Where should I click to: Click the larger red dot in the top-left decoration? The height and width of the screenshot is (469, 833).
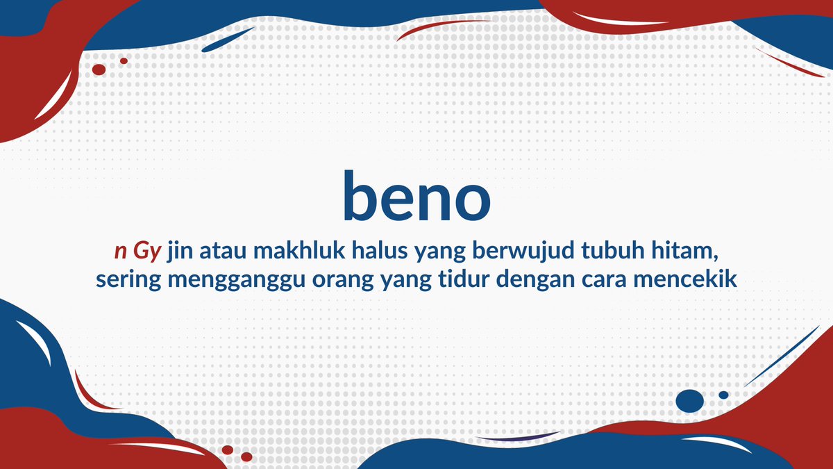tap(99, 69)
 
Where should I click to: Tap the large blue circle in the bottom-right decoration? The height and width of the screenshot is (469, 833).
tap(689, 400)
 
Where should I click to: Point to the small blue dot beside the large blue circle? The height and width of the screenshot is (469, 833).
tap(723, 395)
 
